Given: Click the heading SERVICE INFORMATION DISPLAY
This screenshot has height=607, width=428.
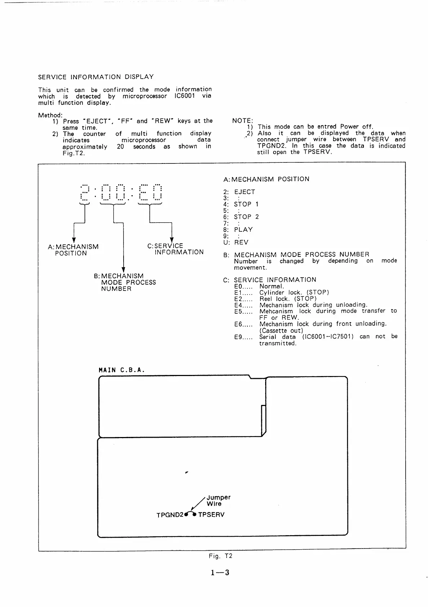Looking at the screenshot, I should [x=96, y=77].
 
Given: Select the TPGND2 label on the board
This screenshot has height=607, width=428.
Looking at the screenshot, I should [x=170, y=515].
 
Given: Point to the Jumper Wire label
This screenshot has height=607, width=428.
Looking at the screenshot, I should [x=218, y=501].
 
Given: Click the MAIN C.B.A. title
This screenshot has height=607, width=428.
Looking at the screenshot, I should [x=122, y=370].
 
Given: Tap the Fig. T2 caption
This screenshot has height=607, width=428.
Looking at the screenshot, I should [x=220, y=556].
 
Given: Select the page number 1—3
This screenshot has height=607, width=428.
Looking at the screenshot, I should [x=220, y=572].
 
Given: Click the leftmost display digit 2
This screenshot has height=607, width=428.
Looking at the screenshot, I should [x=85, y=193].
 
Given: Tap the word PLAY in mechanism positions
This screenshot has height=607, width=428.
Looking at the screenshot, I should [x=243, y=230].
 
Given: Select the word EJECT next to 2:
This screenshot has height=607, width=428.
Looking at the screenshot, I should [x=244, y=192].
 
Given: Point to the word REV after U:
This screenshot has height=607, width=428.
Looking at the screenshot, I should [x=241, y=243].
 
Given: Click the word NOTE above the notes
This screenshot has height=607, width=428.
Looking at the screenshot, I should [x=242, y=121].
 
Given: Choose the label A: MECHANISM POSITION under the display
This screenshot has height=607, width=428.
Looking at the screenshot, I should [x=73, y=250].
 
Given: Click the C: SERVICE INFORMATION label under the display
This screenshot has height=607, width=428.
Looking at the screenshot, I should [x=175, y=249].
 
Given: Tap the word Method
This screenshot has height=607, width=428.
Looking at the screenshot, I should [x=50, y=115].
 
